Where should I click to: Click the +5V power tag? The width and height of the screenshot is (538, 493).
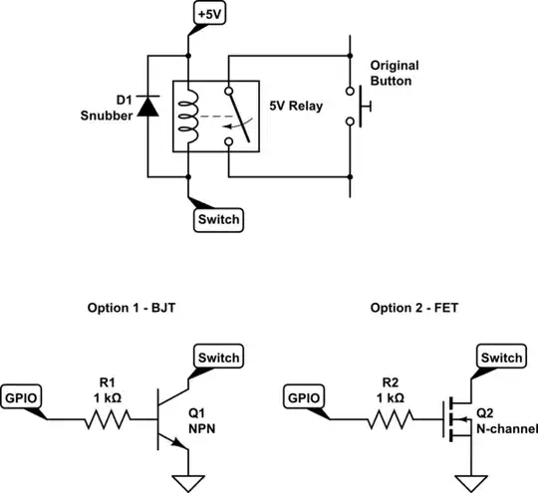(x=209, y=14)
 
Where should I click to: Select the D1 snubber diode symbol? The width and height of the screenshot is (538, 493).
(x=149, y=106)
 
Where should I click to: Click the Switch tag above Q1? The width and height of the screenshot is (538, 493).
(x=215, y=358)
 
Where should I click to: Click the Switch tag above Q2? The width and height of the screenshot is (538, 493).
(x=501, y=358)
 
